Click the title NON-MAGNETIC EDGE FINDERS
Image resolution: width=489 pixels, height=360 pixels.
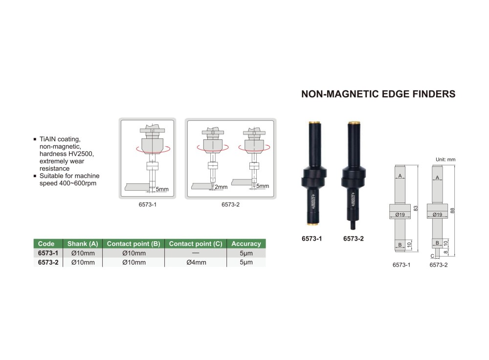point(378,94)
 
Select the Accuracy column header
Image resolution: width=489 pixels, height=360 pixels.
point(246,244)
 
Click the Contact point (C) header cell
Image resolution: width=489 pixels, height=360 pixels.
point(196,244)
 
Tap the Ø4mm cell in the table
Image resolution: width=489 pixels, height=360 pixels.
point(196,262)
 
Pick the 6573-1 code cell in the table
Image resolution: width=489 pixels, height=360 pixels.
point(48,253)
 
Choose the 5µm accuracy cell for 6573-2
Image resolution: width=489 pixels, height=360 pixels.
point(246,262)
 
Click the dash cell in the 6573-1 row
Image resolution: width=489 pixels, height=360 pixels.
point(196,253)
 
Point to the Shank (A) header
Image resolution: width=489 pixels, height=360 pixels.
point(83,244)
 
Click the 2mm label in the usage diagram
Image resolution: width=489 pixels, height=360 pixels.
point(221,187)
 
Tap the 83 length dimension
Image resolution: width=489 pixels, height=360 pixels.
point(415,208)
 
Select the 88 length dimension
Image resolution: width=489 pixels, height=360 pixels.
point(452,211)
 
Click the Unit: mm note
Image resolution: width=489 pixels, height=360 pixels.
point(445,159)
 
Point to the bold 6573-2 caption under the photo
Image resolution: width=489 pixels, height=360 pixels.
point(354,239)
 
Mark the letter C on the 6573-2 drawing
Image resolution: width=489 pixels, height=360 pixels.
point(432,256)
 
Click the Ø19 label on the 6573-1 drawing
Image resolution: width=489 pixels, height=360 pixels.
point(400,215)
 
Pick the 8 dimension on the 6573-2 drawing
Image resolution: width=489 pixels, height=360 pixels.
point(445,252)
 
